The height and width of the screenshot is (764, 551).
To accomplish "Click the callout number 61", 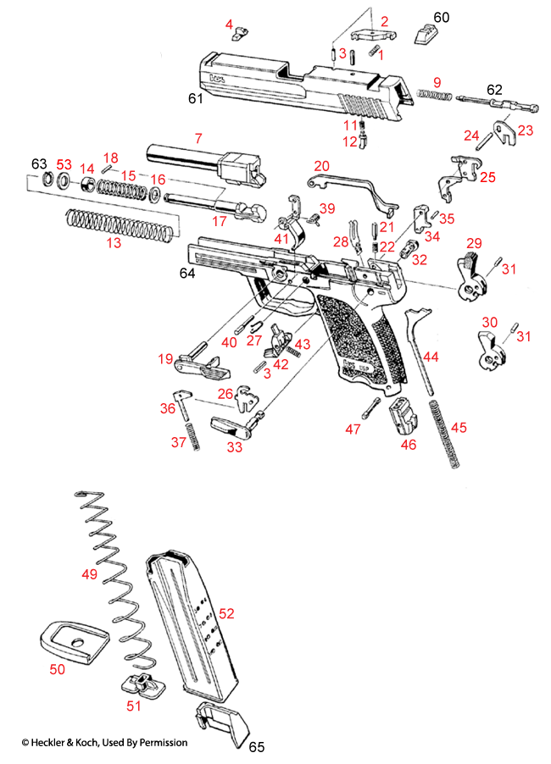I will pos(196,100).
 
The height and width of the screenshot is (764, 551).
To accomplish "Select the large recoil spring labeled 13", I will pos(122,224).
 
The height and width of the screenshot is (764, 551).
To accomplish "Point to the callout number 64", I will pos(188,274).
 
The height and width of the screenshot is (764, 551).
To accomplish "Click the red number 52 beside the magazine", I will pos(227,612).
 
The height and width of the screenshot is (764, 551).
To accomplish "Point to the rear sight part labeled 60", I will pos(423,33).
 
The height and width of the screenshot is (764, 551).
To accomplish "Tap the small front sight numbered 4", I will pos(241,35).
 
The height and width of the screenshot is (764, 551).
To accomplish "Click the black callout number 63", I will pos(39,163).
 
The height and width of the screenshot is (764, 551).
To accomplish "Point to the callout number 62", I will pos(494,88).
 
